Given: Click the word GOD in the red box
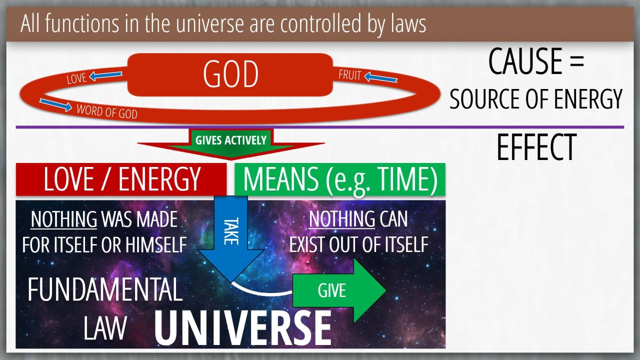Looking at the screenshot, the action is (230, 74).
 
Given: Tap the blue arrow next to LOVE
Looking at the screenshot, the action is (105, 75).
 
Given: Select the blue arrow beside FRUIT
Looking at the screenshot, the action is (380, 77).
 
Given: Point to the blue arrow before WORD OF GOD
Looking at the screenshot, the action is (55, 105).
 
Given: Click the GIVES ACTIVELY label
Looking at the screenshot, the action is (231, 140).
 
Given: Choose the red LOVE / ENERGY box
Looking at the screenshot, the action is (121, 179).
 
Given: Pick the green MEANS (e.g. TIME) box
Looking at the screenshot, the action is (340, 179).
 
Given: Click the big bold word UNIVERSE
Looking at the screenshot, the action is (243, 328).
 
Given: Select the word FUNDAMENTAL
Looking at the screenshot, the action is (105, 289).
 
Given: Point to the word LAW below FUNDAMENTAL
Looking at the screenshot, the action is (105, 328).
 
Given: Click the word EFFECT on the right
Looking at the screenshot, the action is (536, 147).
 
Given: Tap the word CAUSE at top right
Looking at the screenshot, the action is (525, 61).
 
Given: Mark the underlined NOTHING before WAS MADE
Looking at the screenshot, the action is (63, 219).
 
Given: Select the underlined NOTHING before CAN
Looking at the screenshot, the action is (341, 219).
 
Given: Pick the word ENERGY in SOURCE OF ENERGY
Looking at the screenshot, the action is (588, 98).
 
